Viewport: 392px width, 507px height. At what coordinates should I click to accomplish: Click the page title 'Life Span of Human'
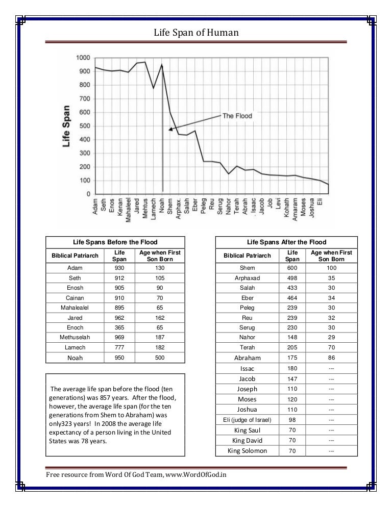196,32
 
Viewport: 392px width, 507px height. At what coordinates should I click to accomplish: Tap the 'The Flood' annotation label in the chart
237,116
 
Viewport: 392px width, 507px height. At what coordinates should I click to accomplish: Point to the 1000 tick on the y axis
83,58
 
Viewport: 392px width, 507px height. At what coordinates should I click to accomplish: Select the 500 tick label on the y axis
85,126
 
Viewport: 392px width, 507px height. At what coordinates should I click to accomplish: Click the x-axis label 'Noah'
162,206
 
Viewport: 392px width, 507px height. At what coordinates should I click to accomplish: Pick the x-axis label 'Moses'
303,207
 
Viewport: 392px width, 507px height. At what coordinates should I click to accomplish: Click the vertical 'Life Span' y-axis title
66,126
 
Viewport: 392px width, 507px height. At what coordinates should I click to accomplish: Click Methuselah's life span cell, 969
119,337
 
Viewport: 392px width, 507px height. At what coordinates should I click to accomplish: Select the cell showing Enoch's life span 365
119,327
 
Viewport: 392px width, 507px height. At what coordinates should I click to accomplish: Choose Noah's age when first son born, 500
160,358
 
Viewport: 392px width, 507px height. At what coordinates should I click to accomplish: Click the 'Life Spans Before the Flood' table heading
115,242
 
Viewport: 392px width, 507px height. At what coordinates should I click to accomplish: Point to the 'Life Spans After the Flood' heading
286,242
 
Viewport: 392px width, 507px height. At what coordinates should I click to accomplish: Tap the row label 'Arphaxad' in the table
247,278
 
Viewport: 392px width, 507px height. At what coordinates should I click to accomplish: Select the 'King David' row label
247,440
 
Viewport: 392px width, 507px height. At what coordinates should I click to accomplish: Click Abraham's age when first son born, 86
331,358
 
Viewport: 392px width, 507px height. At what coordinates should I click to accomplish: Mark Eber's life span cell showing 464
292,298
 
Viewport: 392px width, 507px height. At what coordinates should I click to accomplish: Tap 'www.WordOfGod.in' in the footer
196,475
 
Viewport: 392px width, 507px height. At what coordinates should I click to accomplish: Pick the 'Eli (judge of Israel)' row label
247,420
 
